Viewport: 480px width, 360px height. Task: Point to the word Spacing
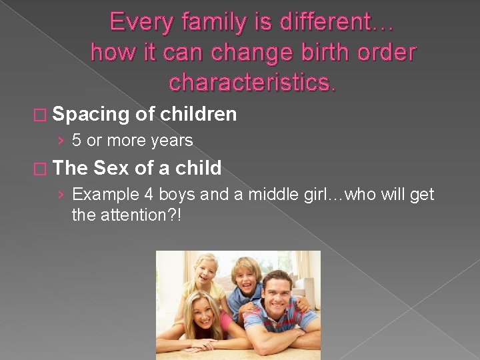[x=90, y=115]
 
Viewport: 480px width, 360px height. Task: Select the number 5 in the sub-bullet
[x=77, y=141]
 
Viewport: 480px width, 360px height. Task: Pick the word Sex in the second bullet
[x=111, y=168]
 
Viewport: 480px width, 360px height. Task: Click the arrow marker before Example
[x=61, y=195]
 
